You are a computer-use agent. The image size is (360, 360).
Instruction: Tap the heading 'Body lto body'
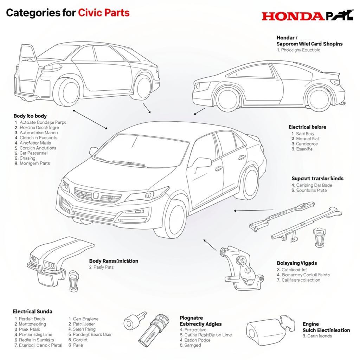(30, 116)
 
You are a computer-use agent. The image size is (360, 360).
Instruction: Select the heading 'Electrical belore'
(307, 127)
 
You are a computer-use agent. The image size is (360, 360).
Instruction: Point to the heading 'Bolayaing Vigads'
(297, 263)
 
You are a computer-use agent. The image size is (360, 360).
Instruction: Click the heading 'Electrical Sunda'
(32, 311)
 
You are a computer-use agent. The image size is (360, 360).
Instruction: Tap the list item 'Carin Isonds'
(317, 336)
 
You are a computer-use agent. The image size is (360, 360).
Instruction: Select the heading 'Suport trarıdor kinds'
(317, 179)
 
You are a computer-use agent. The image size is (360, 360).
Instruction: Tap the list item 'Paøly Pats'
(101, 267)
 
